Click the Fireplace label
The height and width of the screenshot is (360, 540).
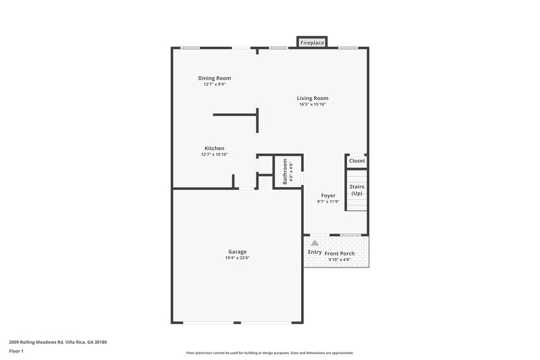(313, 43)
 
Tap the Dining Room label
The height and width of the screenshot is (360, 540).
(214, 78)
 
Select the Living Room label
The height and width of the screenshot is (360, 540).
(313, 98)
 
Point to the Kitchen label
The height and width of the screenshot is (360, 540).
(215, 149)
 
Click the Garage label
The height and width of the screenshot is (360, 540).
(236, 252)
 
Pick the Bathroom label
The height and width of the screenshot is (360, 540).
(285, 172)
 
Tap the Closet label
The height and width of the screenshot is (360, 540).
(356, 161)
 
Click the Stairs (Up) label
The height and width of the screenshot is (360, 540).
(356, 190)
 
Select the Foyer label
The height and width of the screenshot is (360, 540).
(328, 196)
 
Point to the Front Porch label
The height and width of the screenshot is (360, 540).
(340, 254)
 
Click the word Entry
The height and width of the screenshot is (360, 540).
(315, 252)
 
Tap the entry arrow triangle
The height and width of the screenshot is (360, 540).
(315, 242)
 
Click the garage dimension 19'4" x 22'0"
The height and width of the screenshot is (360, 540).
(236, 258)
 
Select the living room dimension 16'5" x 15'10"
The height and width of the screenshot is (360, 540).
(313, 104)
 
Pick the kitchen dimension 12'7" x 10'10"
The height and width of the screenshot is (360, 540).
(215, 155)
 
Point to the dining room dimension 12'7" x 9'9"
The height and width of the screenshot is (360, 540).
(214, 84)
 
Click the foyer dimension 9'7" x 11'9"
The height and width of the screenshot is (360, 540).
(328, 201)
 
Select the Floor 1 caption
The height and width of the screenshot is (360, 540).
(16, 352)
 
